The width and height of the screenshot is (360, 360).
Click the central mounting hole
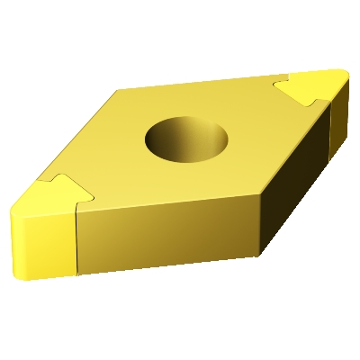[x=186, y=140]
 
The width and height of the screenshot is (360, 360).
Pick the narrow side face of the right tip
[x=340, y=108]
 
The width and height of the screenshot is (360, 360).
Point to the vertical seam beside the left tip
[x=76, y=238]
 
